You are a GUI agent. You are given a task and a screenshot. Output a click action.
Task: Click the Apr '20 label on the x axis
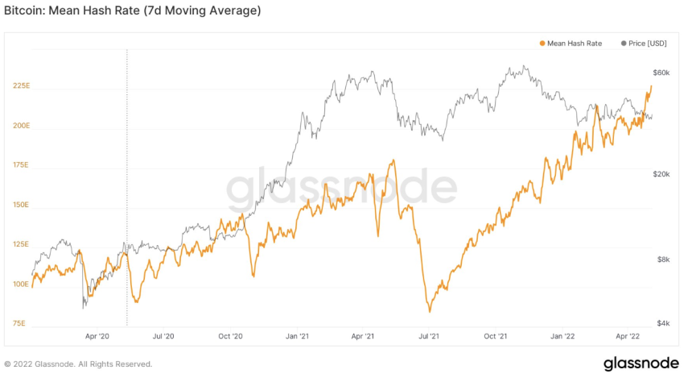click(97, 335)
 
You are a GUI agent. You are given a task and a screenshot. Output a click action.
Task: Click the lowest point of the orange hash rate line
click(430, 311)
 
